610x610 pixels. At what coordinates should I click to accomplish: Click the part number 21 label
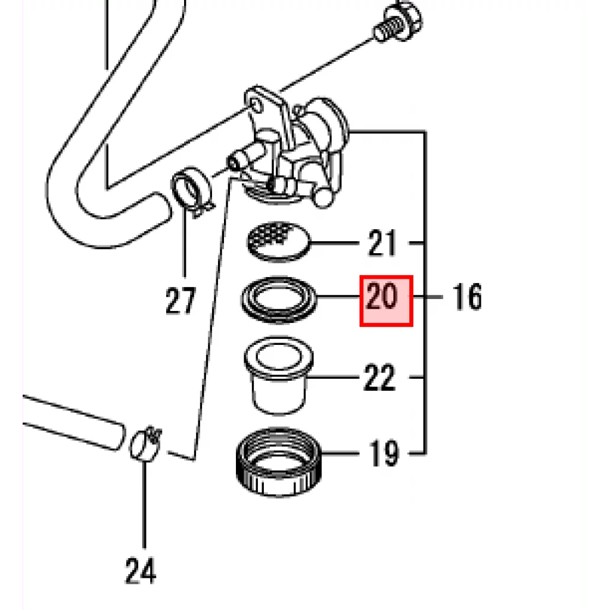pos(382,243)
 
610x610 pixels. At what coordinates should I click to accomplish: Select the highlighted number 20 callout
pos(386,301)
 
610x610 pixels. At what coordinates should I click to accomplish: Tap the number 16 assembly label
pos(467,297)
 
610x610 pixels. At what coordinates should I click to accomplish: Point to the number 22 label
pos(379,377)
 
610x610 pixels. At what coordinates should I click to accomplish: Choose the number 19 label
pos(384,453)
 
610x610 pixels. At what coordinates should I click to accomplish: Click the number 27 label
pos(180,300)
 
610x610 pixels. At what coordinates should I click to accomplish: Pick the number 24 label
pos(141,570)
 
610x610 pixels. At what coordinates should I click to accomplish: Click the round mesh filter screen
pos(279,241)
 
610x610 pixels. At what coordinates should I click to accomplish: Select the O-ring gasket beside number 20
pos(279,300)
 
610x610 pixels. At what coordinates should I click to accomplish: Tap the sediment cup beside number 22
pos(279,376)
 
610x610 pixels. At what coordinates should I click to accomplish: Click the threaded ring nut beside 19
pos(279,462)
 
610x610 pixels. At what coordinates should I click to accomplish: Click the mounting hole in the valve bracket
pos(256,104)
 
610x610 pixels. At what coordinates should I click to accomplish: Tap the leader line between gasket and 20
pos(338,297)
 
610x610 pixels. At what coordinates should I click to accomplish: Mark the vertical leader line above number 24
pos(144,505)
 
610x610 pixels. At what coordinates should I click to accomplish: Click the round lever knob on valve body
pos(323,197)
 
